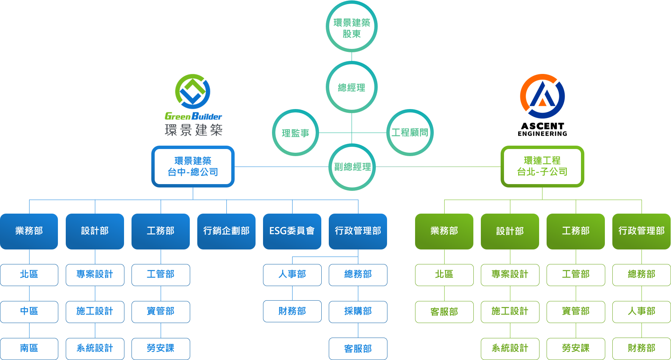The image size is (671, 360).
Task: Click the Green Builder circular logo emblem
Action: click(x=193, y=91)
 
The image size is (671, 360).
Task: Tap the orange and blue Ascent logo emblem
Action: click(x=542, y=96)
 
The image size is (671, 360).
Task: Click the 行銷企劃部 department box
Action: click(x=226, y=232)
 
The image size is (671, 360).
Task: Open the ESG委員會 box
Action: click(x=292, y=232)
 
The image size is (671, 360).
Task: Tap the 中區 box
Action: click(x=29, y=312)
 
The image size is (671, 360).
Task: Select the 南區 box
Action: click(x=29, y=349)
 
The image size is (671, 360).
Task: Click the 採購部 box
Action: click(x=358, y=312)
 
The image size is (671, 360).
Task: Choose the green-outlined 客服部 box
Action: click(x=444, y=312)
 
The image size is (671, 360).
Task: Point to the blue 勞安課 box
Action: click(x=161, y=349)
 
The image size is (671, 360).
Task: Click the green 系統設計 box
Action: click(x=510, y=349)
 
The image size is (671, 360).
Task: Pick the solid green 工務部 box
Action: click(x=576, y=232)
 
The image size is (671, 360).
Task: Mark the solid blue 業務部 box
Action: click(x=29, y=232)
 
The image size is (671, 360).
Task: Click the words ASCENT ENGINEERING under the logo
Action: click(x=542, y=130)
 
